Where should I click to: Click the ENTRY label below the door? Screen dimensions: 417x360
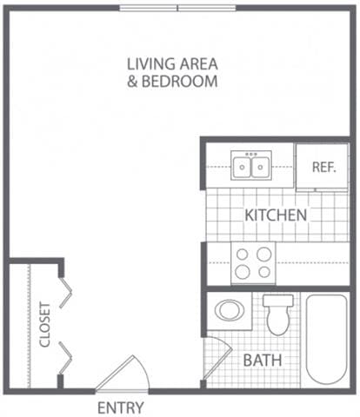(x=120, y=407)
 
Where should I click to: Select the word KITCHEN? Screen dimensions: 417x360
(x=275, y=215)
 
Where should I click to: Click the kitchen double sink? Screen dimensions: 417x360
(x=250, y=164)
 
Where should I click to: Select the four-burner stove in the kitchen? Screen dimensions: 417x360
(x=253, y=262)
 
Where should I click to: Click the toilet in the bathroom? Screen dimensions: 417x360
(x=278, y=314)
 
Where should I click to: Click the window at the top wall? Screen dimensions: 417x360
(x=177, y=8)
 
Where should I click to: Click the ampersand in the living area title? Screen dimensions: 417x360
(x=132, y=82)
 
